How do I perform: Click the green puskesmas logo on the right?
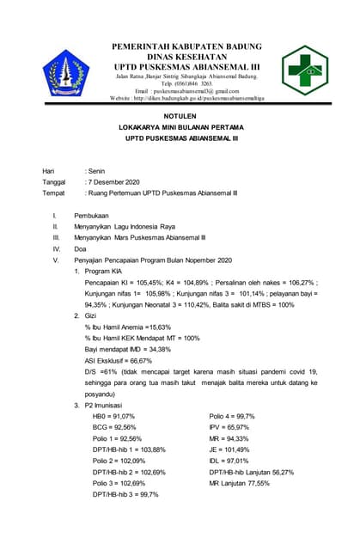tap(305, 70)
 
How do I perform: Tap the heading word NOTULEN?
tap(180, 114)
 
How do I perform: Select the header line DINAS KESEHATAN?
tap(180, 54)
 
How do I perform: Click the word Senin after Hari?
tap(94, 172)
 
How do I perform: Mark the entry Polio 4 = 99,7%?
tap(232, 416)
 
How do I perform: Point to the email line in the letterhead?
tap(180, 90)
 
